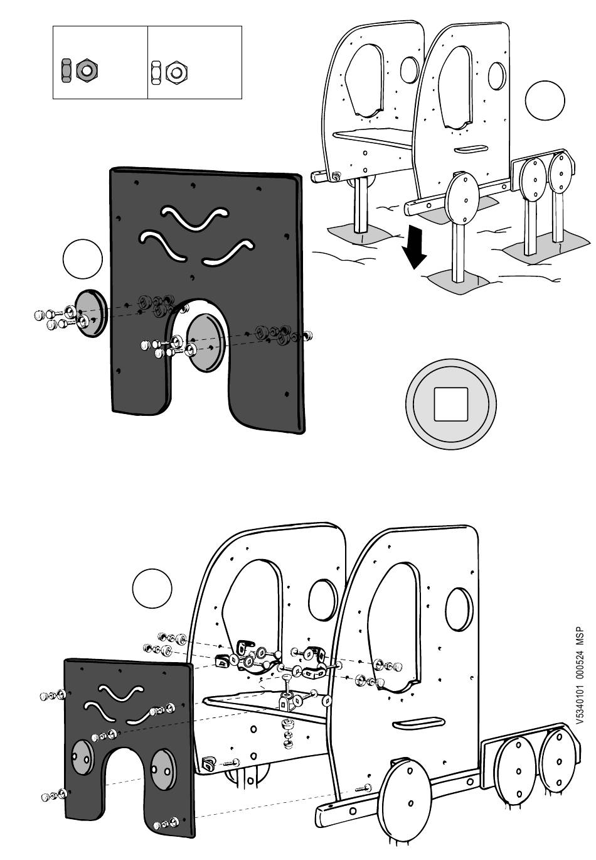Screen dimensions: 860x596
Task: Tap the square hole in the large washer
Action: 450,403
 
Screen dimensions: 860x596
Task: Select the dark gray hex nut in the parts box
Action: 85,70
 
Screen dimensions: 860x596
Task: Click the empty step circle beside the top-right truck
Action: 545,101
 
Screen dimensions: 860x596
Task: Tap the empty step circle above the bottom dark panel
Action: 152,589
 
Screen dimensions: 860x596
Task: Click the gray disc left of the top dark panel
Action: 89,313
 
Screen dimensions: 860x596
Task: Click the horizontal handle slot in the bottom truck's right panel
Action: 418,723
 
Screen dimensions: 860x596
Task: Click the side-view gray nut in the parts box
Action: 65,70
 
